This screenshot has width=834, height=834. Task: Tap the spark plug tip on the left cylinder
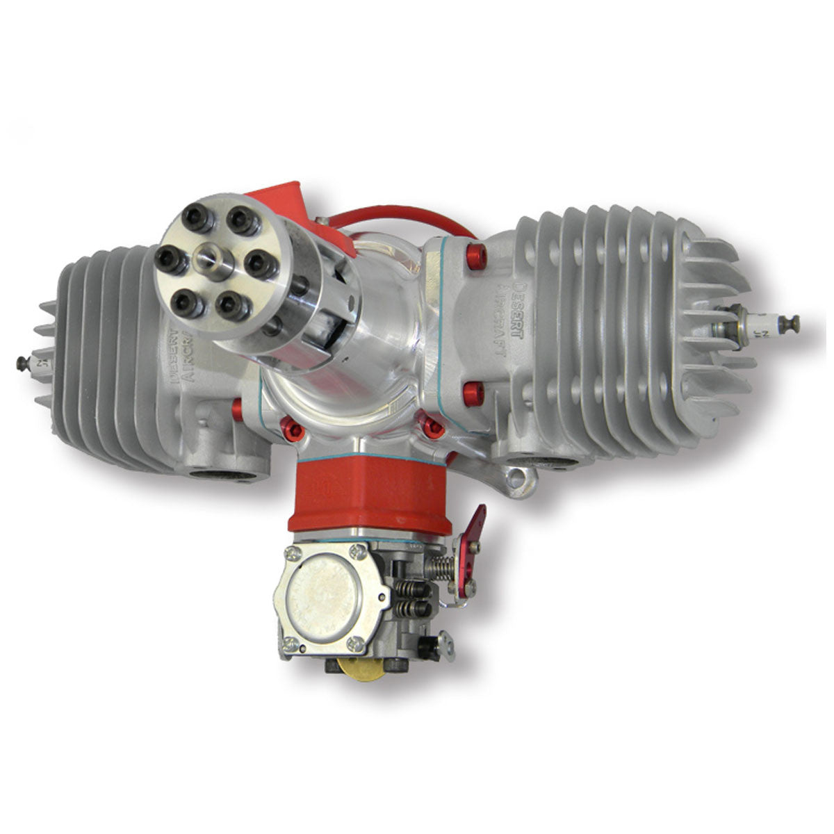point(22,361)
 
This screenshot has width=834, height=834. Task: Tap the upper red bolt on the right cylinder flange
point(477,256)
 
